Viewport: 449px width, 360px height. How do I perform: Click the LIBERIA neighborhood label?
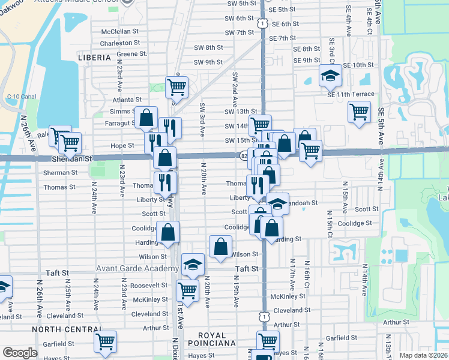coord(94,58)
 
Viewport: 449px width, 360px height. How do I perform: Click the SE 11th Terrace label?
coord(351,94)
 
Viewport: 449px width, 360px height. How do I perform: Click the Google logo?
coord(19,353)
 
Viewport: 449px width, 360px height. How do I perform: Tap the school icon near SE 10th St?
coord(329,76)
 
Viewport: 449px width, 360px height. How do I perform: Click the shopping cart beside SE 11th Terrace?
coord(359,112)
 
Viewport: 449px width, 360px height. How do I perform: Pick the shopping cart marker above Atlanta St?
coord(176,87)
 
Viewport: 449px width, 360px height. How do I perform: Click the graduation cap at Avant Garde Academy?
coord(192,264)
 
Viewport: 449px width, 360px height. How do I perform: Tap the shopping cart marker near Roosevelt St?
coord(187,291)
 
